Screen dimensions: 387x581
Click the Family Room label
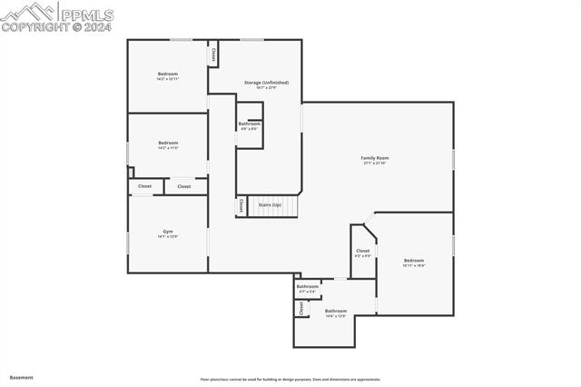tap(375, 158)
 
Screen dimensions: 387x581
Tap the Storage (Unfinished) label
tap(266, 83)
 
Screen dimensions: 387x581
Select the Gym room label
tap(168, 231)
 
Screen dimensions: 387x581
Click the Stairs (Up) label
tap(270, 205)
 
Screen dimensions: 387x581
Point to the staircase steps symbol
tap(274, 206)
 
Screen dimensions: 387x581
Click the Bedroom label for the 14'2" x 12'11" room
tap(168, 74)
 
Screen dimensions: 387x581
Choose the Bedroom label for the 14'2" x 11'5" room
tap(168, 142)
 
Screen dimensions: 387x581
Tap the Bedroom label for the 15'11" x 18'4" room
tap(414, 260)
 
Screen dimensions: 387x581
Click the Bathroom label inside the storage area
tap(250, 124)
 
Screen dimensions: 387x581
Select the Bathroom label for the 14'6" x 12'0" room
tap(336, 311)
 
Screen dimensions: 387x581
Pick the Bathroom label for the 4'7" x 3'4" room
tap(308, 286)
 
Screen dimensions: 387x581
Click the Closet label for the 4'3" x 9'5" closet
tap(362, 251)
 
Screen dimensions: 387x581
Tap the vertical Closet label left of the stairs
tap(241, 206)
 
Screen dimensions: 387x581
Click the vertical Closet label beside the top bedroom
tap(213, 55)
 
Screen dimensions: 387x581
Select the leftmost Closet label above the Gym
tap(144, 186)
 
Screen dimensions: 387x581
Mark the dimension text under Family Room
tap(375, 164)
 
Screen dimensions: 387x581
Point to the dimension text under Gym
tap(168, 236)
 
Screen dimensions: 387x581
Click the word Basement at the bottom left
tap(21, 377)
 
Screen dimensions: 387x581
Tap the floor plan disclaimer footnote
tap(290, 380)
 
